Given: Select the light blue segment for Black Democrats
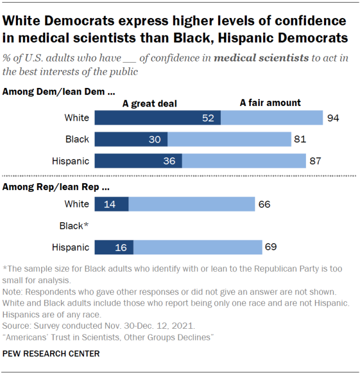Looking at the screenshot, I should tap(228, 139).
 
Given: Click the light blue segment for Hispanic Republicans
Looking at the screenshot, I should tap(197, 247).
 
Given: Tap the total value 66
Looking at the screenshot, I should tap(264, 204).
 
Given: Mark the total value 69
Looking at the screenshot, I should tap(271, 247).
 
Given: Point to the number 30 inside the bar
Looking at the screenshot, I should tap(155, 139).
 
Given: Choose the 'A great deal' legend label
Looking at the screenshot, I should tap(150, 103).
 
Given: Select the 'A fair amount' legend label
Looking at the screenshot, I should tap(270, 103).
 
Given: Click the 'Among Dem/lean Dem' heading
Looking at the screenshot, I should tap(59, 91).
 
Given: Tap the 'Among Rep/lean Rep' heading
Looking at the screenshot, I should tap(56, 186).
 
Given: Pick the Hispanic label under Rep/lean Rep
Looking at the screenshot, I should tap(70, 247).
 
